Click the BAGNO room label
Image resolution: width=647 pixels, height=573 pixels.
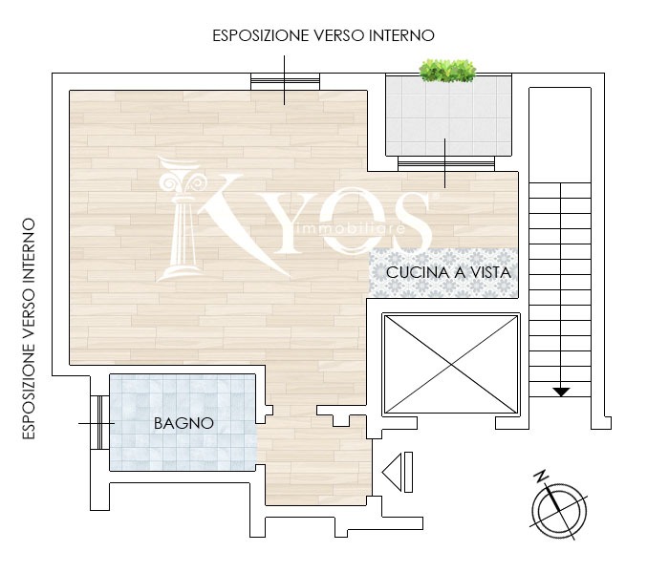point(183,423)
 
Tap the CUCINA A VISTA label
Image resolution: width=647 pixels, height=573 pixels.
point(448,272)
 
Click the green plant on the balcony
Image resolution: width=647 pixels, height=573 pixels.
point(447,71)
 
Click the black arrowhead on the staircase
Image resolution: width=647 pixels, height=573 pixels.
point(561,392)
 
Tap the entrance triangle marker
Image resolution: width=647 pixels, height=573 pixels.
point(392,472)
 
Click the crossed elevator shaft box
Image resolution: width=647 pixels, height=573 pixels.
point(451,364)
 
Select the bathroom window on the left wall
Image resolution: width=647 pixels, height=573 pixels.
point(99,422)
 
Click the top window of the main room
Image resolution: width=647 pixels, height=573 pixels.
point(285,81)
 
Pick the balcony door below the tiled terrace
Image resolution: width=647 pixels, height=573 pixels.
point(445,163)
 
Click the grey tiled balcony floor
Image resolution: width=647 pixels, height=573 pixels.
point(448,116)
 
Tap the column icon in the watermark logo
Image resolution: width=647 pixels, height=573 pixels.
point(181,219)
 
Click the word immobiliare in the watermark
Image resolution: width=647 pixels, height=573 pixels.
point(351,228)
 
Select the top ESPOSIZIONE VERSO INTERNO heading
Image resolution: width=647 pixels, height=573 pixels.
point(323,35)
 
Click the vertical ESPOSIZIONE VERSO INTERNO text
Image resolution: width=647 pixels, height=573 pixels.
point(29,329)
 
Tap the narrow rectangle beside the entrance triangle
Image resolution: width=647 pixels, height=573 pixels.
point(408,472)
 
